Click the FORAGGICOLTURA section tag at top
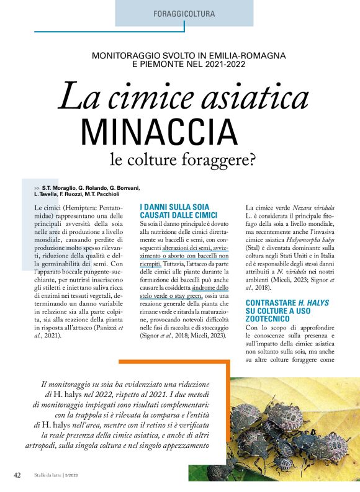[184, 13]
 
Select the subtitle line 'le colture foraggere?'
[183, 160]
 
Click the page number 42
[18, 475]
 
